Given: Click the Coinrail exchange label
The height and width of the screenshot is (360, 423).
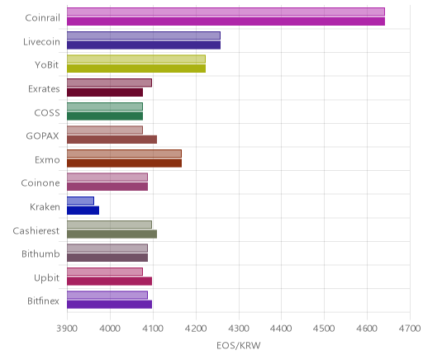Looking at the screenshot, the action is tap(42, 18).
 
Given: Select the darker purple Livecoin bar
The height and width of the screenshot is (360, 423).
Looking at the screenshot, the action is tap(144, 45).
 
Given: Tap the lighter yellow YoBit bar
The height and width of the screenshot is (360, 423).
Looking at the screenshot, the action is tap(136, 59).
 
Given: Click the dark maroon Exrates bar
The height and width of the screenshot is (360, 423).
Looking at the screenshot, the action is tap(105, 92).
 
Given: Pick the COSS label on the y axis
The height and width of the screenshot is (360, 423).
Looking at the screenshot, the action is tap(47, 112).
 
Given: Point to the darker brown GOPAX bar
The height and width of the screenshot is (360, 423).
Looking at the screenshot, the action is tap(112, 140).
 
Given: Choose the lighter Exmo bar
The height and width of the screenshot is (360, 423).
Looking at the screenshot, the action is tap(124, 154).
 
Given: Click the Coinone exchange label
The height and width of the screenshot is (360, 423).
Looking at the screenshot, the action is tap(40, 183).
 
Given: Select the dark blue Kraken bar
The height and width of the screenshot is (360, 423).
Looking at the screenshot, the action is tap(83, 211).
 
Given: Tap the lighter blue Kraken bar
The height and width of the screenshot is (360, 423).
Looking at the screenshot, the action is tap(80, 201).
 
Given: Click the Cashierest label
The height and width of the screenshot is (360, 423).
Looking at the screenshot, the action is tap(36, 230).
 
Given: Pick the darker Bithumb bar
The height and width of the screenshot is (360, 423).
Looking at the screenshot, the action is tap(107, 258).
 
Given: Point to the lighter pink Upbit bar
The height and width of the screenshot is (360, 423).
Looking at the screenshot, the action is tap(105, 272).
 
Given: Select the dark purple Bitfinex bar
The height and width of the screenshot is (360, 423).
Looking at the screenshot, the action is tap(110, 305).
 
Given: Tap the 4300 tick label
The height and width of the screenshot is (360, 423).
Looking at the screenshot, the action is tap(239, 329).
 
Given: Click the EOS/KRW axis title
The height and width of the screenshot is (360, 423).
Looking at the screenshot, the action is tap(239, 345).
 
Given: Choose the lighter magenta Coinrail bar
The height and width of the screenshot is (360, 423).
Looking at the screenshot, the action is tap(226, 12).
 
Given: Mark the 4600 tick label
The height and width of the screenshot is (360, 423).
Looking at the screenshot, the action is tap(367, 329).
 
